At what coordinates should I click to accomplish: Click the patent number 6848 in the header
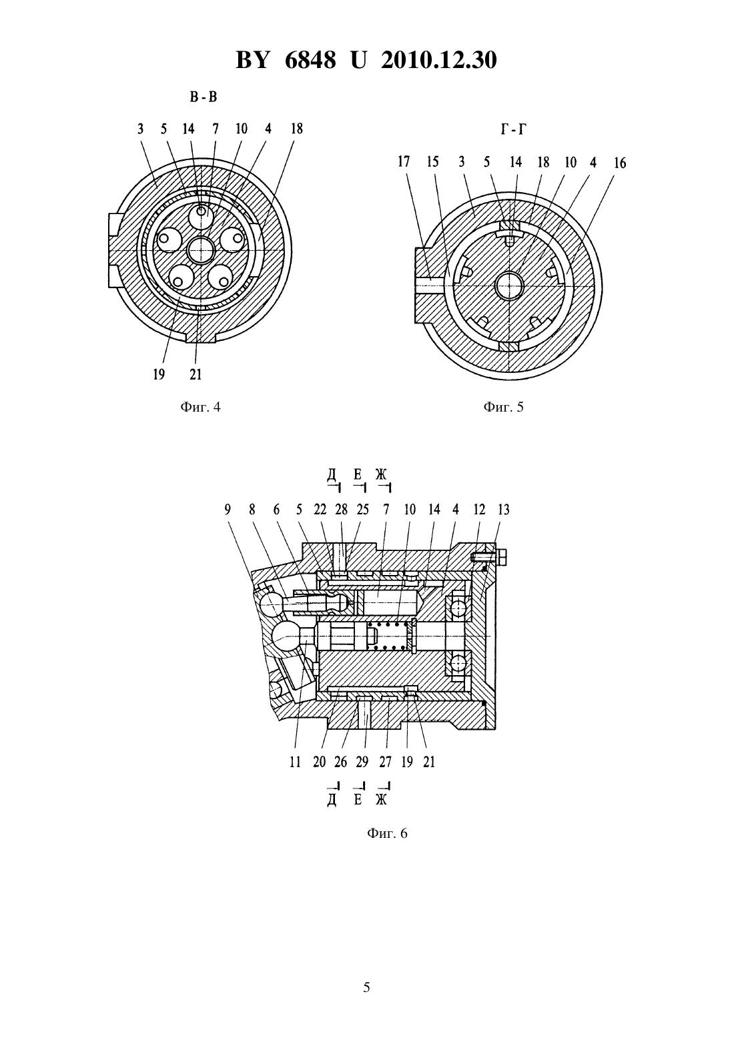pyautogui.click(x=310, y=60)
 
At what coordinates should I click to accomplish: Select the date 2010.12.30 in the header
pyautogui.click(x=439, y=60)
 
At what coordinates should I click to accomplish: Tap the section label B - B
pyautogui.click(x=204, y=97)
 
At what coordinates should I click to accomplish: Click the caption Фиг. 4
pyautogui.click(x=200, y=407)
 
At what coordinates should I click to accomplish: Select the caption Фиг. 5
pyautogui.click(x=503, y=407)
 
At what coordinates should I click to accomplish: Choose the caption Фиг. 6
pyautogui.click(x=387, y=833)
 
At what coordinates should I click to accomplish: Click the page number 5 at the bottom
pyautogui.click(x=366, y=987)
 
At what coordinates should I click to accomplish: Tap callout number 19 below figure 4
pyautogui.click(x=159, y=374)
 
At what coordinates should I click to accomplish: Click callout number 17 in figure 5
pyautogui.click(x=404, y=161)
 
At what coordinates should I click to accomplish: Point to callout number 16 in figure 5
pyautogui.click(x=620, y=163)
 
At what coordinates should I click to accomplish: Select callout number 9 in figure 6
pyautogui.click(x=228, y=510)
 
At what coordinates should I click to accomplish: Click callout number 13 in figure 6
pyautogui.click(x=503, y=510)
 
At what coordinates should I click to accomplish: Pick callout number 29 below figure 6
pyautogui.click(x=362, y=762)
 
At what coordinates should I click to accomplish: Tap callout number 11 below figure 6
pyautogui.click(x=295, y=762)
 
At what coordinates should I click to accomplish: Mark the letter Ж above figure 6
pyautogui.click(x=381, y=474)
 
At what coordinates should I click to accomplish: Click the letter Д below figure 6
pyautogui.click(x=332, y=801)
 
